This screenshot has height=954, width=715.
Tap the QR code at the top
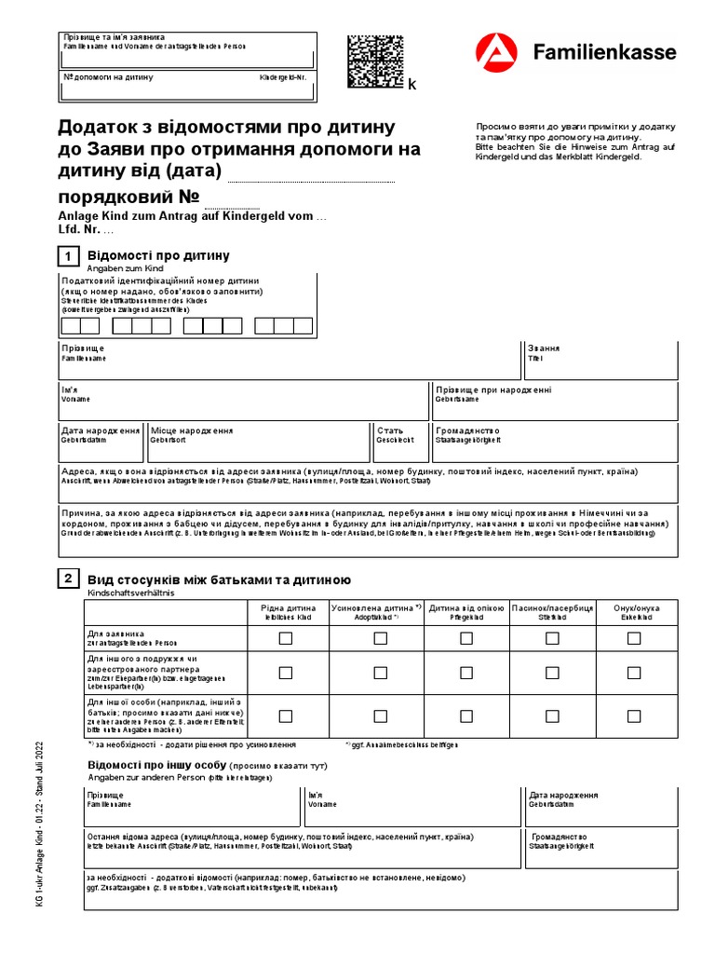pyautogui.click(x=375, y=61)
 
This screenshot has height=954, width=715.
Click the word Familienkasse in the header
pyautogui.click(x=604, y=52)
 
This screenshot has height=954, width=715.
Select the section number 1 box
pyautogui.click(x=68, y=256)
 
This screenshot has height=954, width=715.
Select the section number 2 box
pyautogui.click(x=68, y=579)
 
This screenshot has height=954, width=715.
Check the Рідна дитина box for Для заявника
pyautogui.click(x=286, y=638)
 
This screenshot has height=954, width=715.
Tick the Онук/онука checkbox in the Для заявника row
pyautogui.click(x=634, y=638)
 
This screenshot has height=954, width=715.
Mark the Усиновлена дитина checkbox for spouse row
pyautogui.click(x=380, y=673)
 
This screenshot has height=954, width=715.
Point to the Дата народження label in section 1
pyautogui.click(x=101, y=431)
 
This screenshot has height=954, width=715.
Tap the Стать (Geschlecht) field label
pyautogui.click(x=390, y=431)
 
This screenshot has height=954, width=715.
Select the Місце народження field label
pyautogui.click(x=192, y=431)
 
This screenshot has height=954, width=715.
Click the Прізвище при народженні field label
pyautogui.click(x=493, y=389)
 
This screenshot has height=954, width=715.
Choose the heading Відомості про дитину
pyautogui.click(x=158, y=255)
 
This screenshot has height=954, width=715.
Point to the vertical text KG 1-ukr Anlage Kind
pyautogui.click(x=40, y=838)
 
